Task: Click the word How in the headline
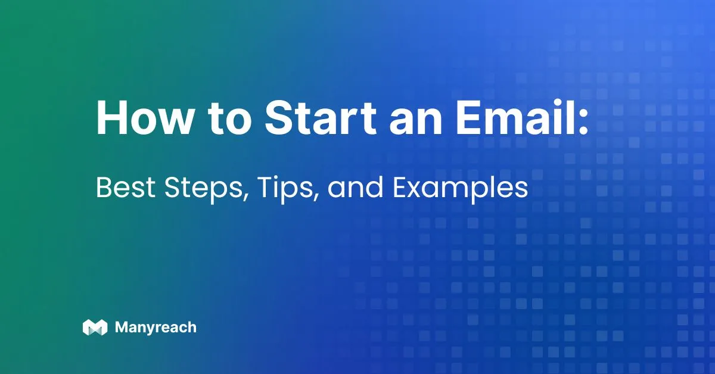(x=144, y=117)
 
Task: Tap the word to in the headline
(x=230, y=119)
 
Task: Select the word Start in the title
(x=321, y=117)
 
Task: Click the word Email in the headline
(x=513, y=117)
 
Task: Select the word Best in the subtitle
(x=126, y=188)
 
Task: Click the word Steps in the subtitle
(x=203, y=189)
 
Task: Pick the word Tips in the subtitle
(x=284, y=189)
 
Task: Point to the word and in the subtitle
(x=355, y=188)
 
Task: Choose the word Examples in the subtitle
(x=460, y=189)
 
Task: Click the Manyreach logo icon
(x=95, y=327)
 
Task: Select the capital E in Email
(x=468, y=118)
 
